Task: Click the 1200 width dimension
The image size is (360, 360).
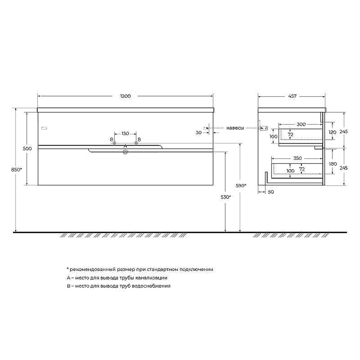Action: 125,96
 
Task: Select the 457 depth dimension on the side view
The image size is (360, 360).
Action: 292,96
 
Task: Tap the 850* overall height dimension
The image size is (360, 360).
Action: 16,169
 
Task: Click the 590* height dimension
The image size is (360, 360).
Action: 241,185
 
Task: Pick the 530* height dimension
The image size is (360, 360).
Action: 226,197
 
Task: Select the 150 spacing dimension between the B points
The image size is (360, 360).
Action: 125,134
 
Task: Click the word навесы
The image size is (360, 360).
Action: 235,128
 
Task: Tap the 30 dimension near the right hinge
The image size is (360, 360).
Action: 198,132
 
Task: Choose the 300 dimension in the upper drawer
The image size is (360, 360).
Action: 301,124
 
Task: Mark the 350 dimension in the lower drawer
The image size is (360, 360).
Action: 297,158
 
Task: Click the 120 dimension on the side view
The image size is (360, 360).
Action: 333,132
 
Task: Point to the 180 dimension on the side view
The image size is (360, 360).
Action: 333,164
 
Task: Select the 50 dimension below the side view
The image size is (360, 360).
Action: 271,192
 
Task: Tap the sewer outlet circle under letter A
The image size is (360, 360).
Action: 126,152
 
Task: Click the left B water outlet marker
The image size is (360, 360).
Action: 114,144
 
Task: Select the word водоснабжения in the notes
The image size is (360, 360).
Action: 153,286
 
